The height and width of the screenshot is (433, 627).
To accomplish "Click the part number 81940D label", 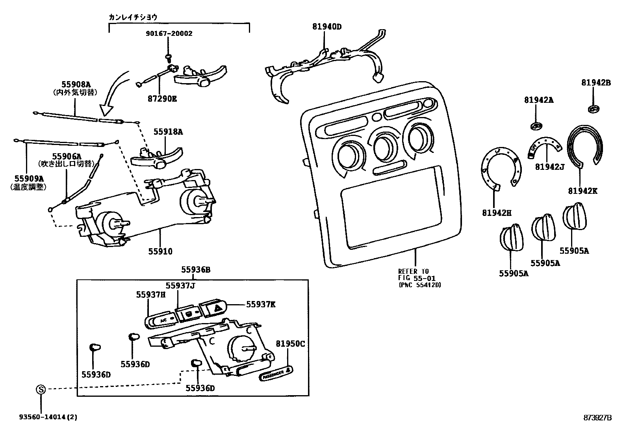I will click(x=327, y=27).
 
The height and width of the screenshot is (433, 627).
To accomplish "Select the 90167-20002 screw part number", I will click(x=168, y=34).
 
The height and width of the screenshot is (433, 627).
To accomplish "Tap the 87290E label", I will click(x=162, y=98).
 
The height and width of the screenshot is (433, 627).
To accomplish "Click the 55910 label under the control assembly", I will click(x=160, y=251).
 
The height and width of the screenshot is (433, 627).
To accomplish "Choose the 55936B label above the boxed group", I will click(x=196, y=270).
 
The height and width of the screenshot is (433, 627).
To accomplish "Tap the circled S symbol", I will click(x=41, y=390).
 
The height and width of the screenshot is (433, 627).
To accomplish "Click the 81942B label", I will click(x=596, y=83).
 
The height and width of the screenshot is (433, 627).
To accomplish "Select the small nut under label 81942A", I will click(x=536, y=126).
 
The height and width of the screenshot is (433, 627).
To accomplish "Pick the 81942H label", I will click(x=496, y=213).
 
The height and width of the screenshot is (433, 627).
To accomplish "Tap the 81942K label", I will click(x=583, y=191).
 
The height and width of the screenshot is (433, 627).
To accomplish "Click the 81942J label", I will click(x=549, y=167).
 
